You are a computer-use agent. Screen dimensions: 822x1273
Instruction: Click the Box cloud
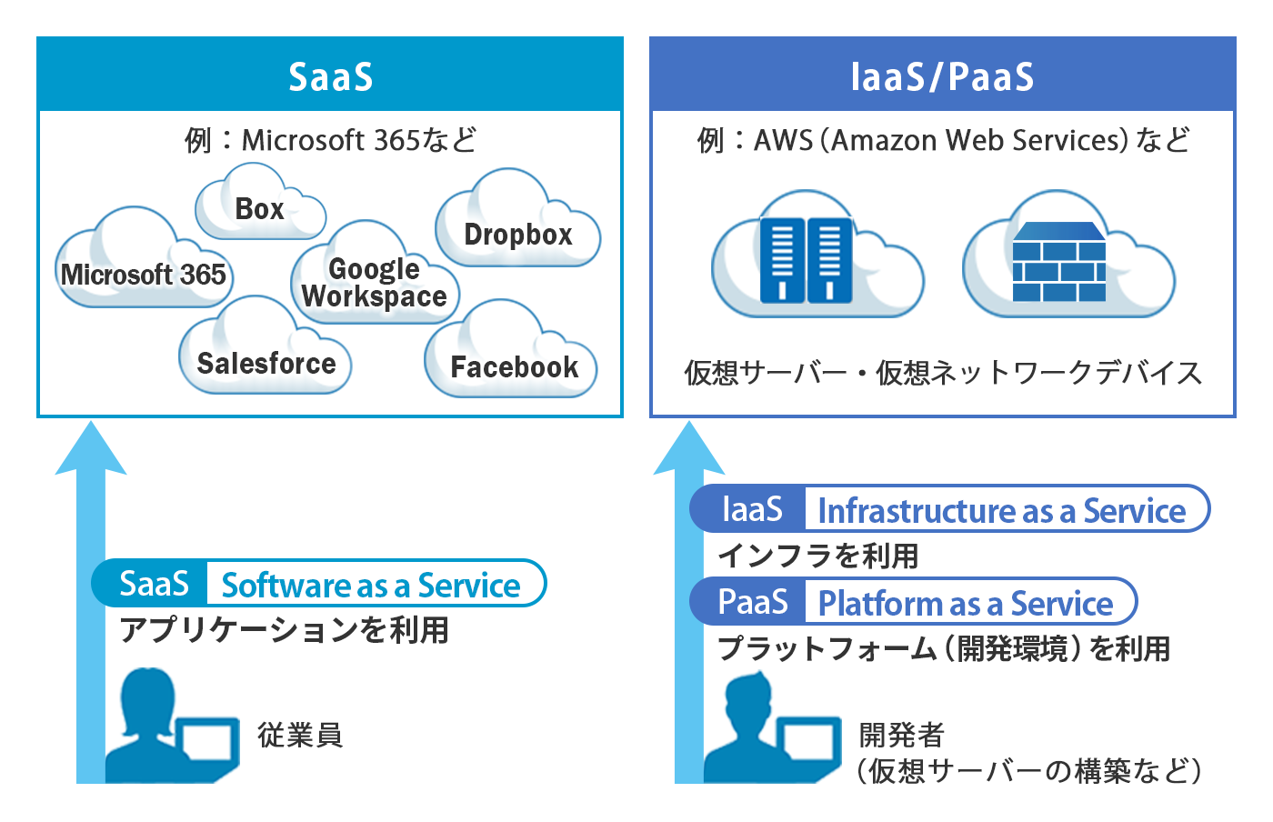[260, 207]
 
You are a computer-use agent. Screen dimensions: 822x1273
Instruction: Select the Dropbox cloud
[517, 233]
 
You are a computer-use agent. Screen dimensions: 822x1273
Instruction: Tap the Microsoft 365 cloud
[144, 273]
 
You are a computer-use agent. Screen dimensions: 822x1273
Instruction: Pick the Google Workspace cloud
[375, 281]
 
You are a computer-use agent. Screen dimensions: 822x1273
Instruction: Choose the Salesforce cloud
[266, 362]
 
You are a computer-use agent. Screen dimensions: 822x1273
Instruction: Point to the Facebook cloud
[514, 366]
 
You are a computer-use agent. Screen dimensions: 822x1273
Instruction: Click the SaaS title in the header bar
[331, 76]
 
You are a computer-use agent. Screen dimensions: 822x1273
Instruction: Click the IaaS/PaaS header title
[942, 76]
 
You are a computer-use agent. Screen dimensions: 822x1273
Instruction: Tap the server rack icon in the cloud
[806, 259]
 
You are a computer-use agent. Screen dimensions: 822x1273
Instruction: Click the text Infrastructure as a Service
[1001, 510]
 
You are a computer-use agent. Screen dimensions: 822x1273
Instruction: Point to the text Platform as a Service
[965, 603]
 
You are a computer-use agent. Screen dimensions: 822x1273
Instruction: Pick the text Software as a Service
[371, 585]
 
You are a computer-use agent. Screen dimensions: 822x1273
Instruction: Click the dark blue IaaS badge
[751, 509]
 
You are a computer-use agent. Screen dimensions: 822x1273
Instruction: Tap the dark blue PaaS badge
[751, 602]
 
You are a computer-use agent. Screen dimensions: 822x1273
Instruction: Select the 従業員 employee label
[299, 734]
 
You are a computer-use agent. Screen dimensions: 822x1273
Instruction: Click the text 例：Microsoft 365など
[330, 140]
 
